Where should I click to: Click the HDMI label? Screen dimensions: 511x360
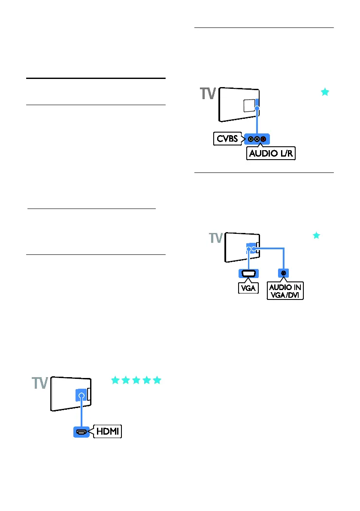109,431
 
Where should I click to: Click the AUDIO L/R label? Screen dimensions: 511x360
271,153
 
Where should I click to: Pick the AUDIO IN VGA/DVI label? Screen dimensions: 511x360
285,292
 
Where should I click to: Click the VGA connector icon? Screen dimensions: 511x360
248,273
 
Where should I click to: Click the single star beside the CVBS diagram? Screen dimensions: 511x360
325,92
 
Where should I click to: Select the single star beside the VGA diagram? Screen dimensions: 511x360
316,235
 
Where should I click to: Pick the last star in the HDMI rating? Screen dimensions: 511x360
157,380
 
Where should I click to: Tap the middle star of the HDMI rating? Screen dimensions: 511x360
136,380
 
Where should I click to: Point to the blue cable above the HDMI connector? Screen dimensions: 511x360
80,414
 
